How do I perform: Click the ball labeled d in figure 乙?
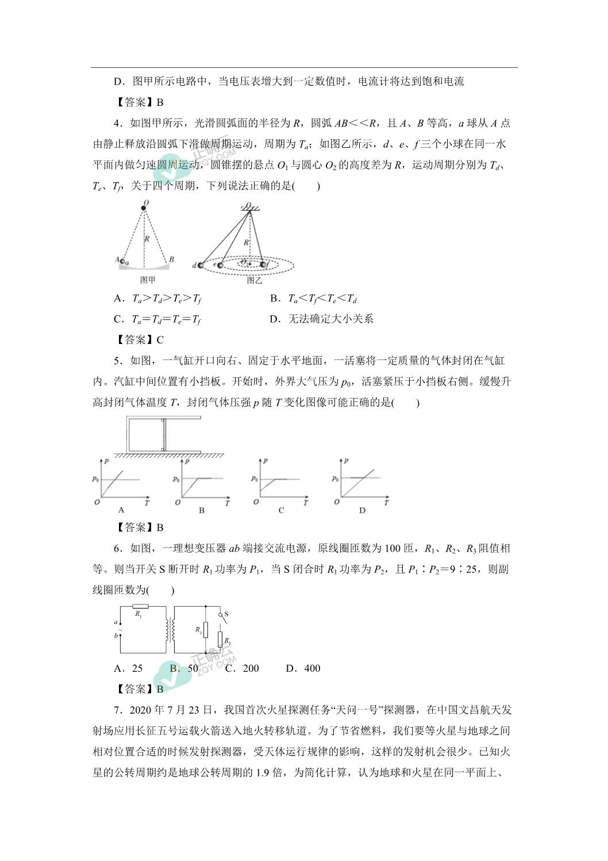point(201,265)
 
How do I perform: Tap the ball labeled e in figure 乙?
point(220,265)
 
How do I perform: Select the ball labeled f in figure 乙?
point(264,265)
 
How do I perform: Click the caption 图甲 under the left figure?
point(148,280)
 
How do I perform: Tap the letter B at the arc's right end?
point(171,259)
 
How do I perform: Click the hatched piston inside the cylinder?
point(164,435)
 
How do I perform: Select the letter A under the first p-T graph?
point(121,510)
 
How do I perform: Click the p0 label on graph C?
point(254,479)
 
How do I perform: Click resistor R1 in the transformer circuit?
point(140,606)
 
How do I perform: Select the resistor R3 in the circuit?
point(205,630)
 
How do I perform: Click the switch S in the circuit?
point(220,618)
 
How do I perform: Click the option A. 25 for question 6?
point(129,668)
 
